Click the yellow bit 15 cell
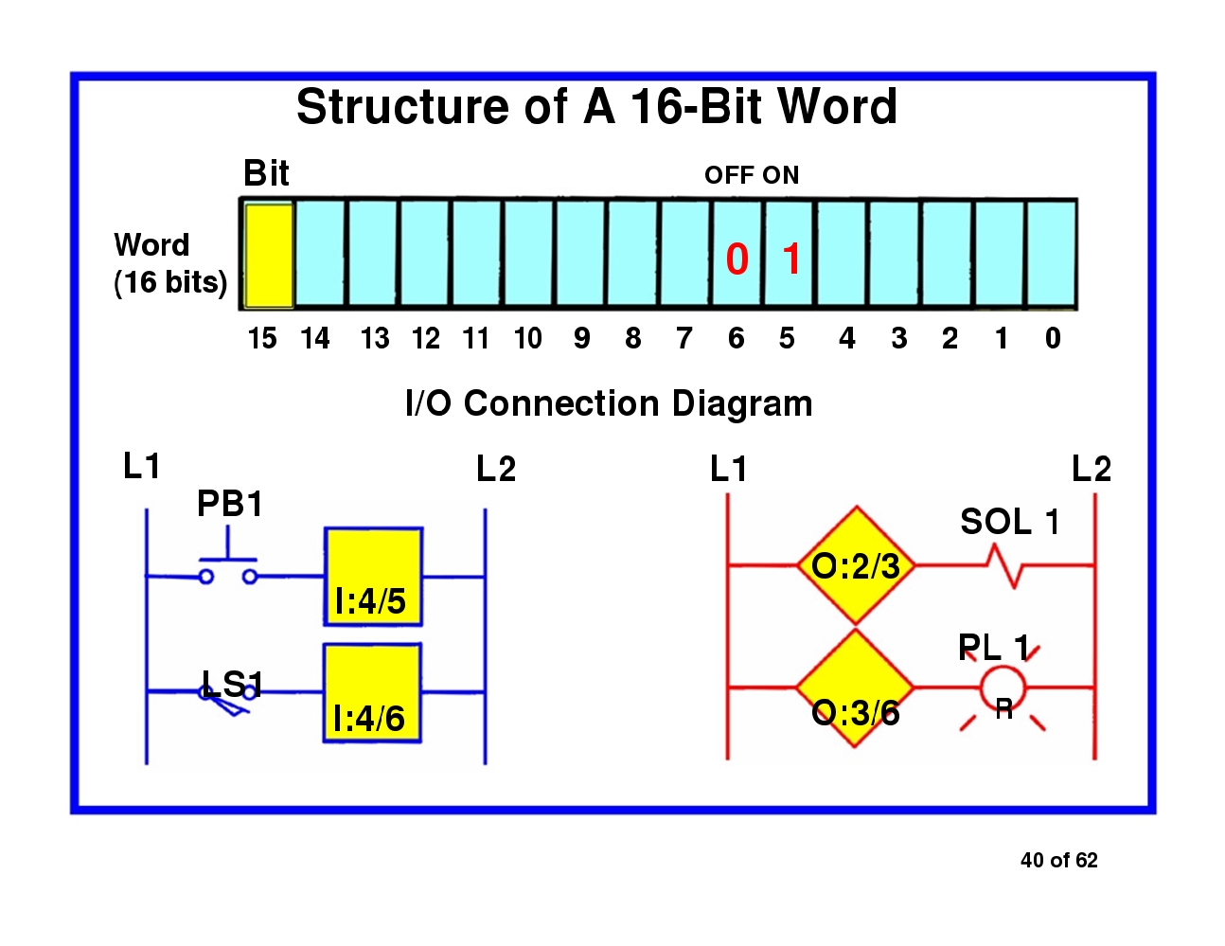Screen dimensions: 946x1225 [x=269, y=255]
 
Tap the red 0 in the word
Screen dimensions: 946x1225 [x=737, y=259]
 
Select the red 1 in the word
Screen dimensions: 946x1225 [x=792, y=259]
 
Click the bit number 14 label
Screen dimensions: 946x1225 [x=315, y=338]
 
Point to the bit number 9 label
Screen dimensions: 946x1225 [x=581, y=338]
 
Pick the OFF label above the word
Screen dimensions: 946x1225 [x=729, y=175]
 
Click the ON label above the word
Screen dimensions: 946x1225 [x=781, y=175]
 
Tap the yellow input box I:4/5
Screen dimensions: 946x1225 [x=373, y=577]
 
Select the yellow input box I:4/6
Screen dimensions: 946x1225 [x=372, y=693]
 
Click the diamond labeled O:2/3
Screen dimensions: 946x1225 [x=856, y=565]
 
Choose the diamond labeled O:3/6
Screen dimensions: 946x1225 [x=855, y=688]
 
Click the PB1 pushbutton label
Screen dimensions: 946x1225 [x=230, y=504]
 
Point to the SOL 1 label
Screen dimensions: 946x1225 [x=1009, y=522]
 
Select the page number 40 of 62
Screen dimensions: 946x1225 [x=1058, y=860]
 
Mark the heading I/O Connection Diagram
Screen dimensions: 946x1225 [x=609, y=403]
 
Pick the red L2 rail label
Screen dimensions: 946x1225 [x=1092, y=469]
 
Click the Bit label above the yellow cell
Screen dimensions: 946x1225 [x=266, y=173]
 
